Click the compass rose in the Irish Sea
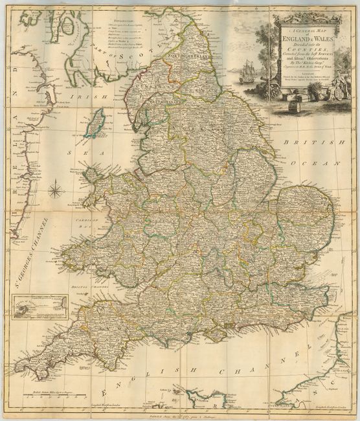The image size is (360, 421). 56,190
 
